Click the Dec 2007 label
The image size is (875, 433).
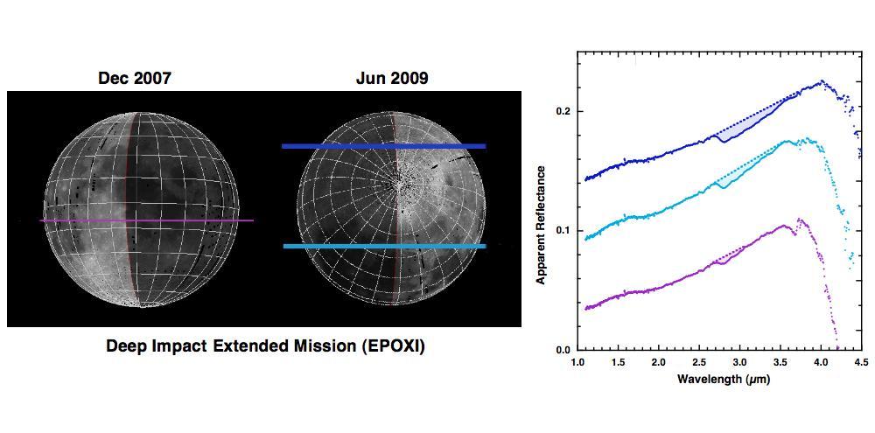point(134,79)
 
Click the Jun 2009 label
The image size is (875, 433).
point(392,79)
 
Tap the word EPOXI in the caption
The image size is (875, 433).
point(391,346)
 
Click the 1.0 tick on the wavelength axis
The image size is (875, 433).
point(577,360)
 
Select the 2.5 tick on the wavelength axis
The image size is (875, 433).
point(699,360)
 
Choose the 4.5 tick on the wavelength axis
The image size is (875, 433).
point(861,360)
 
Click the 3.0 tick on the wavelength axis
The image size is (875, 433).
point(739,360)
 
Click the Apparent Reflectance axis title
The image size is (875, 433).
point(541,225)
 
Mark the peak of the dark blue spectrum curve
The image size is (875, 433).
point(822,82)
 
